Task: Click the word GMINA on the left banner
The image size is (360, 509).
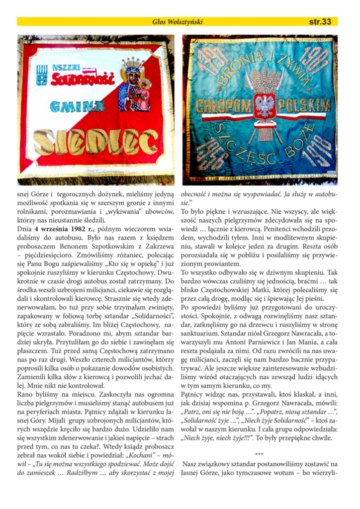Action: [77, 106]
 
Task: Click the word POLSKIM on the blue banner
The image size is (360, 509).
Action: [305, 105]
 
